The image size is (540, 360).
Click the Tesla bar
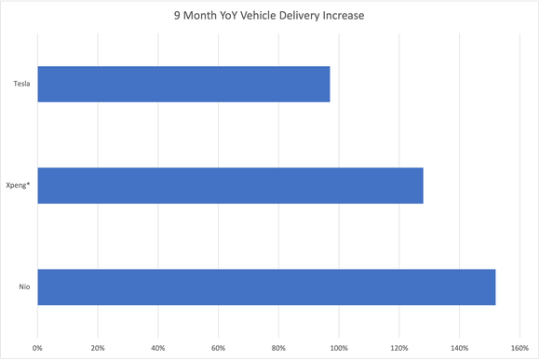point(183,84)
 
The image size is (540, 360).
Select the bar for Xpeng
point(230,185)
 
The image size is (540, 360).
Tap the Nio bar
point(266,287)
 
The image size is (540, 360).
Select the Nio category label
point(24,287)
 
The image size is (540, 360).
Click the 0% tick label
point(38,348)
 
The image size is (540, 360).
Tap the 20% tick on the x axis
point(98,348)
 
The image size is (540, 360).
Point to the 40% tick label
point(158,348)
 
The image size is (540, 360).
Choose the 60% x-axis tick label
point(218,348)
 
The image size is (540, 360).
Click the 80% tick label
point(278,348)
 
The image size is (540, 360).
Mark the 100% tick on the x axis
point(339,348)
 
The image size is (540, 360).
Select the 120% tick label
point(398,348)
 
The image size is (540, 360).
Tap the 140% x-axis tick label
point(459,348)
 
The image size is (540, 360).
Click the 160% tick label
point(519,348)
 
